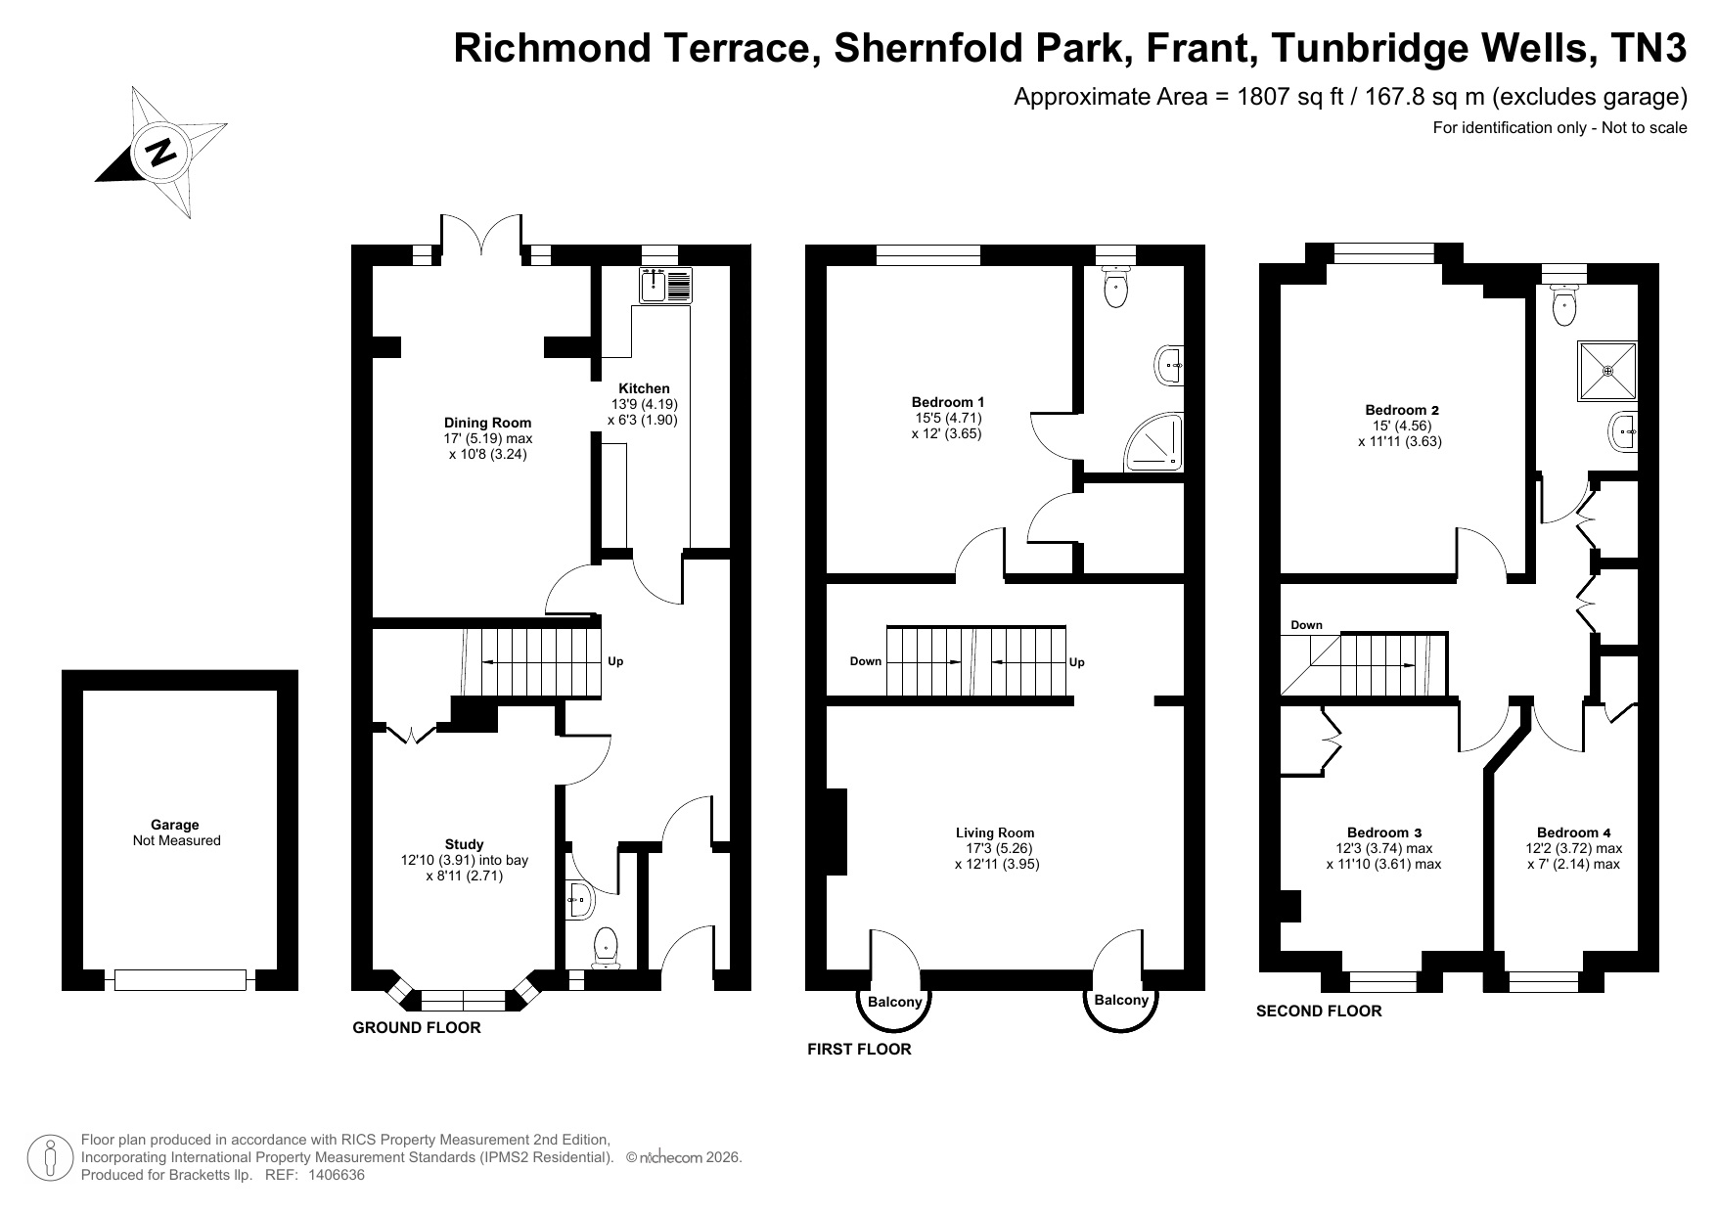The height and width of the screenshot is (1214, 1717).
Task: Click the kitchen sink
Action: [x=666, y=284]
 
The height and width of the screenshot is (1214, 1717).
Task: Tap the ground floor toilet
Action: [x=605, y=948]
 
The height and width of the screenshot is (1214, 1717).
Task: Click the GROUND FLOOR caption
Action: [x=417, y=1027]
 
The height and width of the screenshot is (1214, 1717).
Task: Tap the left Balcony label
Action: [x=894, y=1002]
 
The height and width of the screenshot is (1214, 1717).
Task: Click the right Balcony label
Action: [x=1121, y=1000]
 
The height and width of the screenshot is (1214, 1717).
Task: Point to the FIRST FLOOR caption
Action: [x=859, y=1049]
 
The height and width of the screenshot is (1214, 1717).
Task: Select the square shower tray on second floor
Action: [x=1607, y=371]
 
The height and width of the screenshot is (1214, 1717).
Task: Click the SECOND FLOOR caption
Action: [x=1319, y=1012]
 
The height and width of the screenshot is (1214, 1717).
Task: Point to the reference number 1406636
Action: [x=337, y=1175]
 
